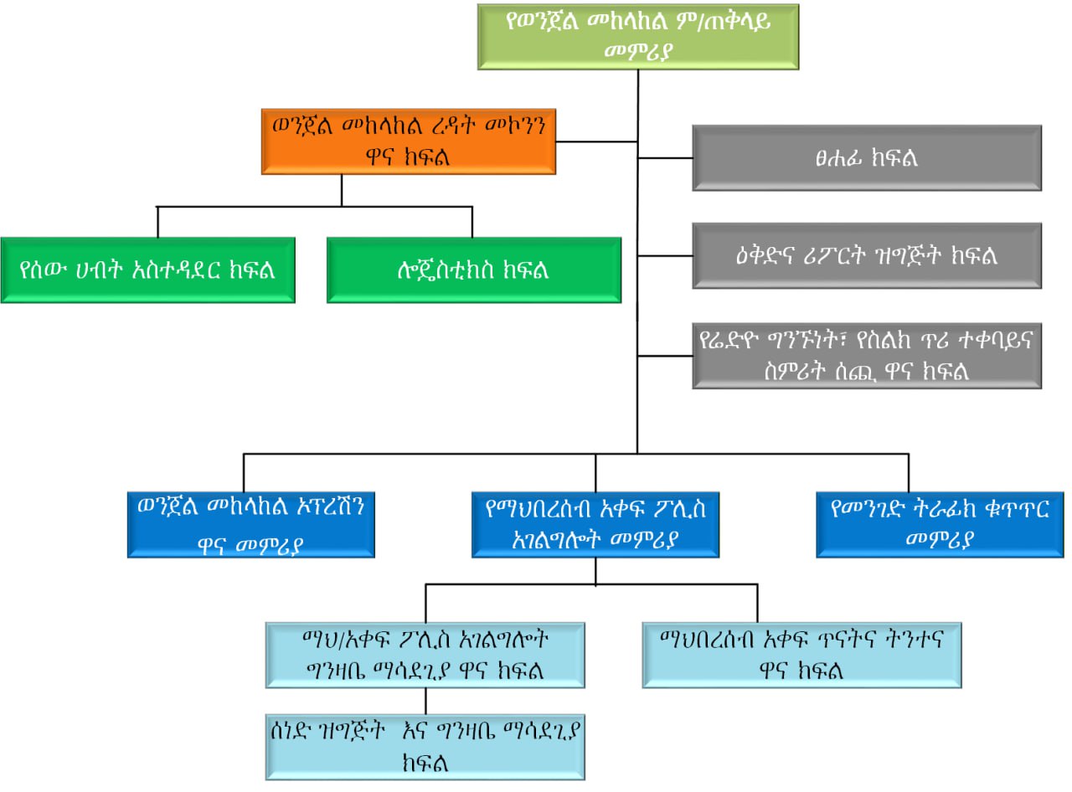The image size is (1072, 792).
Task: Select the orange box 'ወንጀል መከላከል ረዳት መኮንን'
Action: coord(409,140)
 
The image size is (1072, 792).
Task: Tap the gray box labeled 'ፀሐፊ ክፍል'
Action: coord(867,157)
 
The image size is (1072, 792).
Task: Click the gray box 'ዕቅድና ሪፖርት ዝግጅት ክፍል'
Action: coord(867,255)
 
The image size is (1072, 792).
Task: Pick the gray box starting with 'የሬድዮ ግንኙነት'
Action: coord(867,356)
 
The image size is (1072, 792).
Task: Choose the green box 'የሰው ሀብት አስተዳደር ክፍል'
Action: coord(147,270)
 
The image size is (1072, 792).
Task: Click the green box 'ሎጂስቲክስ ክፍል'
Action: coord(473,270)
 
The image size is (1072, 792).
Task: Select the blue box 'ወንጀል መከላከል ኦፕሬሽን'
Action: coord(250,524)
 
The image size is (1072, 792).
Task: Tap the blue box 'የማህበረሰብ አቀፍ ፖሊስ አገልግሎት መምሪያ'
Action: coord(595,524)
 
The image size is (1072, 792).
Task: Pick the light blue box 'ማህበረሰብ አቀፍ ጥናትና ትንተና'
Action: coord(801,655)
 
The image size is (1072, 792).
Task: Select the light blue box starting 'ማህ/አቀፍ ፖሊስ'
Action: coord(425,655)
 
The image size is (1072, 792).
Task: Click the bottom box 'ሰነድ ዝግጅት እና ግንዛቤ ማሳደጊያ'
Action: coord(425,748)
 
